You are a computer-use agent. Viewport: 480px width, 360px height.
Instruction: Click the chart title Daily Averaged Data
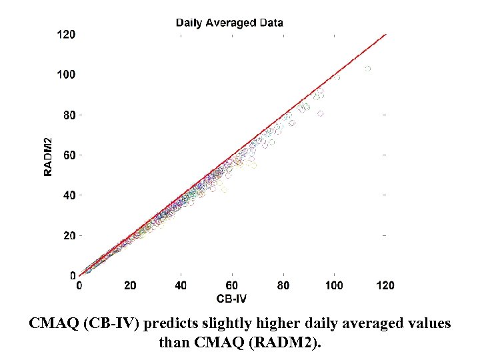[229, 23]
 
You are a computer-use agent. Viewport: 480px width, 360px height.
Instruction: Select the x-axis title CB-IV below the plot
[230, 298]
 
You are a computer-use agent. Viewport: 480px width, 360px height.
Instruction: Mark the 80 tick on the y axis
[69, 115]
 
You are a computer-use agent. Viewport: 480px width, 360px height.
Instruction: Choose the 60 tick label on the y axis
[69, 155]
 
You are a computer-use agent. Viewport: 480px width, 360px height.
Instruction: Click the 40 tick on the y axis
[69, 195]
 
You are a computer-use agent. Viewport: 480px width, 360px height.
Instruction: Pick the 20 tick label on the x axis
[131, 285]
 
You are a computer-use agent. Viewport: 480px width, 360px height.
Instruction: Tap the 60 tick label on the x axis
[232, 285]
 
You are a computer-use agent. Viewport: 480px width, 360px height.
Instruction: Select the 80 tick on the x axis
[283, 285]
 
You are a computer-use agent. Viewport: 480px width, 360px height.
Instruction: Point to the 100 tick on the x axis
[334, 285]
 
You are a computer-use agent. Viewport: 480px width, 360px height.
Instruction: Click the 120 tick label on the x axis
[385, 285]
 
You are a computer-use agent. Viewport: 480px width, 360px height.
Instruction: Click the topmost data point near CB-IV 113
[367, 69]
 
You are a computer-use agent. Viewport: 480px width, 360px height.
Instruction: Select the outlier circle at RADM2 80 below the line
[321, 114]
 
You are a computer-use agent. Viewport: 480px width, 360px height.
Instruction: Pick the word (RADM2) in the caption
[283, 343]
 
